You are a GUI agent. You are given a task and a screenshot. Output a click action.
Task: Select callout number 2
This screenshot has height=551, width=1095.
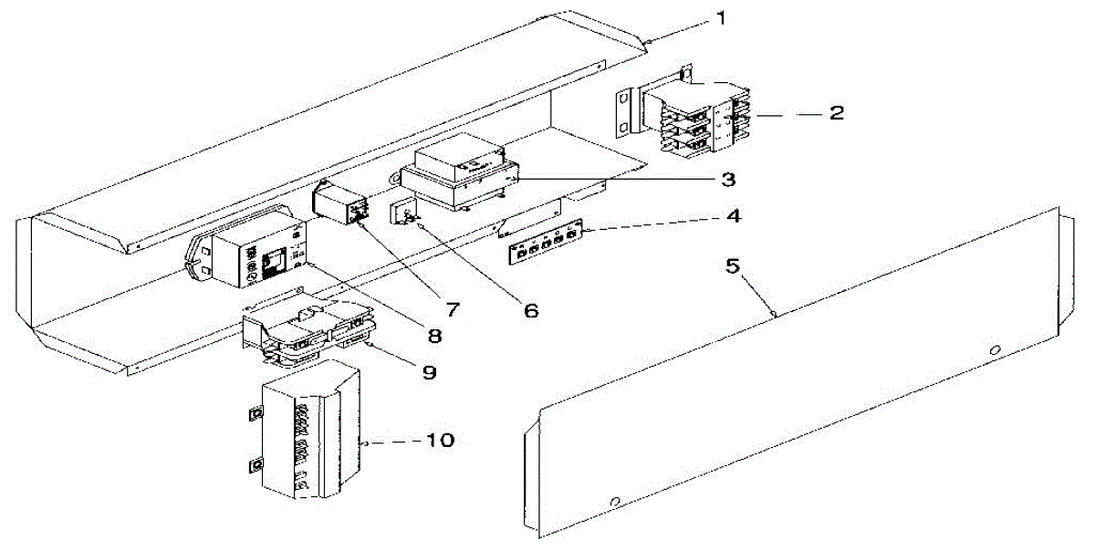tap(835, 114)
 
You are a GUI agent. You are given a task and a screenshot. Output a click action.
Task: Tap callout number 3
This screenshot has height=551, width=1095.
tap(727, 179)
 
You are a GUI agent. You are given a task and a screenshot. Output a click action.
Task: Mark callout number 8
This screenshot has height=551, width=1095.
tap(434, 337)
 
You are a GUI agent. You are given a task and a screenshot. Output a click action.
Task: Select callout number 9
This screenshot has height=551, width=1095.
tap(429, 372)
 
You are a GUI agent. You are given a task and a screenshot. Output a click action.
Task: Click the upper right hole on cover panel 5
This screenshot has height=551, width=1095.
tap(996, 349)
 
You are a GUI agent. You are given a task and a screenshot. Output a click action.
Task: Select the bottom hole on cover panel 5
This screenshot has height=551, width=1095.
tap(615, 501)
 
